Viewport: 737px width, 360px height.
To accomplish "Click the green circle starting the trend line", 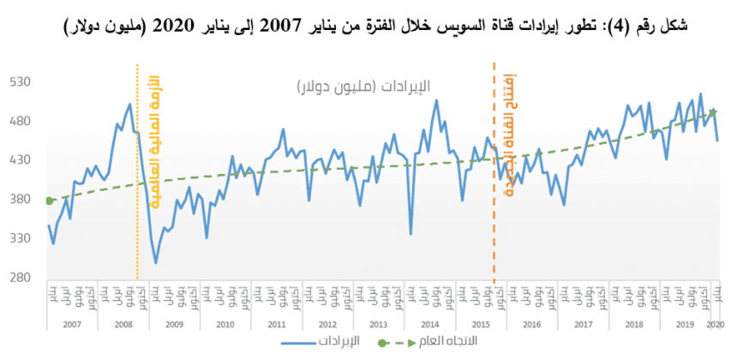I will click(x=50, y=201).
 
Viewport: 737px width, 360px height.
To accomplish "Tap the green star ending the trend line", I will click(x=713, y=112).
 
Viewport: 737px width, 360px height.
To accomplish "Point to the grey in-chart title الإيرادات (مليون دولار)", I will click(x=363, y=87).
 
